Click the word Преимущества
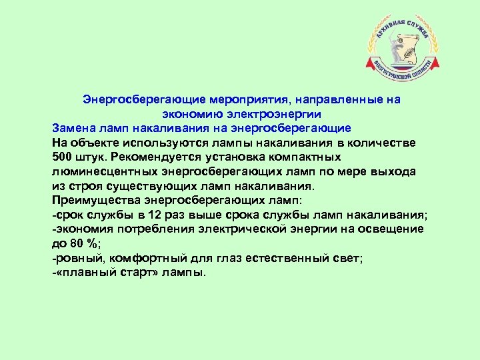(96, 201)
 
